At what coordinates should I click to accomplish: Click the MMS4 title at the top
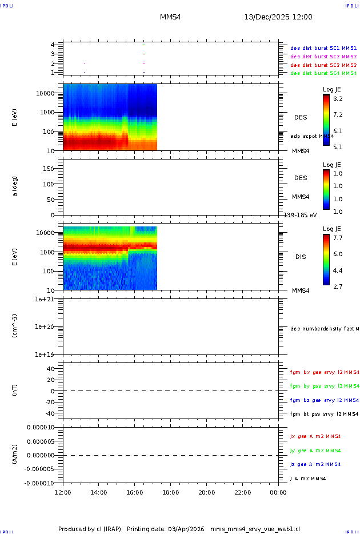point(170,17)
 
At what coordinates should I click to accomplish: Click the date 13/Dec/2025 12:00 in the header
point(278,17)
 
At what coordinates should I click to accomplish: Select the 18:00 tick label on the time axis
point(171,492)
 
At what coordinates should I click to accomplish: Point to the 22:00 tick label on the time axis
point(242,492)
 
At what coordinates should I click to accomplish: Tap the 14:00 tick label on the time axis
point(99,492)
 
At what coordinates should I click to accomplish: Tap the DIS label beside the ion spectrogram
point(301,257)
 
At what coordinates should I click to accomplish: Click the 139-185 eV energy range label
point(301,215)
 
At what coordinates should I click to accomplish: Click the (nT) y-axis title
point(15,390)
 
